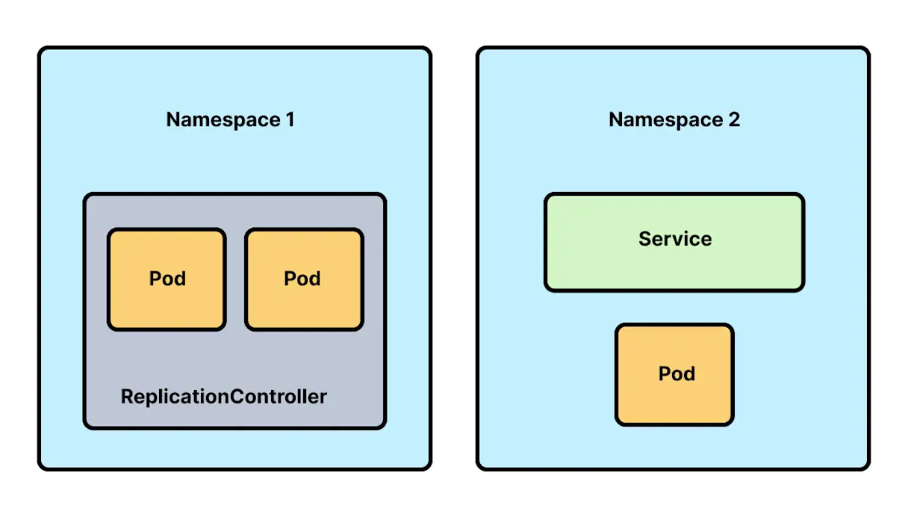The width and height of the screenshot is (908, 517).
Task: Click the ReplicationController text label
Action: [223, 396]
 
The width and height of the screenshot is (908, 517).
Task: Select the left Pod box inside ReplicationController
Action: [167, 279]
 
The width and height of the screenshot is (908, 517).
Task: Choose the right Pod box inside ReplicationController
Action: [304, 279]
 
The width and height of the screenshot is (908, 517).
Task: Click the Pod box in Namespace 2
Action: [675, 374]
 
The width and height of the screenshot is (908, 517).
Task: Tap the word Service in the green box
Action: [675, 239]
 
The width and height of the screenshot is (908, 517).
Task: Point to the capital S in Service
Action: [644, 239]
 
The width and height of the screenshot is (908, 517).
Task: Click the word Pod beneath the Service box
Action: [677, 374]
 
